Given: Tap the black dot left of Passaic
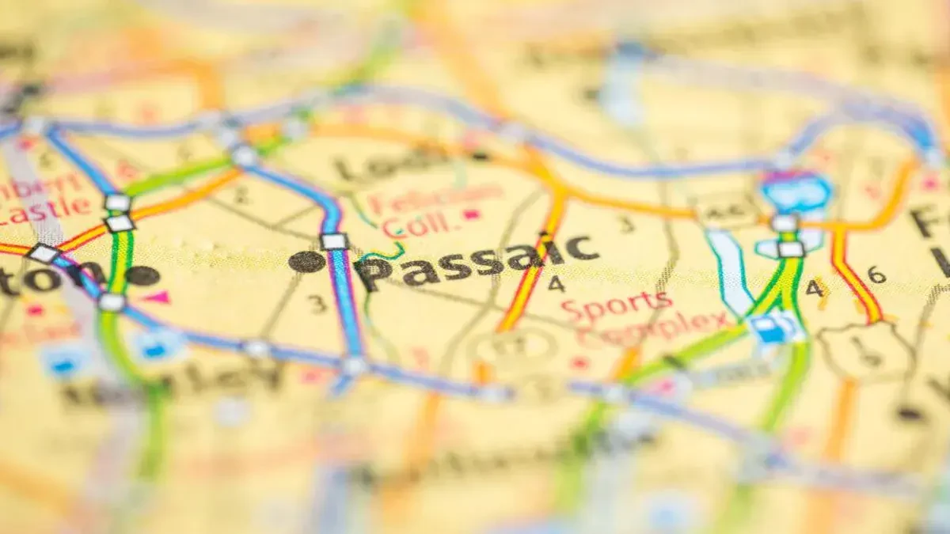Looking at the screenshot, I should point(306,261).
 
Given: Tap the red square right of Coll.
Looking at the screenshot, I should point(473,214).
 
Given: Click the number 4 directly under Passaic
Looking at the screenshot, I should point(557,283).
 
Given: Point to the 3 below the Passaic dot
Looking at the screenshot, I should point(317,303).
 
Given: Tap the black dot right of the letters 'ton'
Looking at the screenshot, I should point(142,275).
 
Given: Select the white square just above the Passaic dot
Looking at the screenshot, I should point(334,241).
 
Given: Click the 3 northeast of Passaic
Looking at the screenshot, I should point(626,225).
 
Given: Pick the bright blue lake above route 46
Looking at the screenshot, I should point(795,190).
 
